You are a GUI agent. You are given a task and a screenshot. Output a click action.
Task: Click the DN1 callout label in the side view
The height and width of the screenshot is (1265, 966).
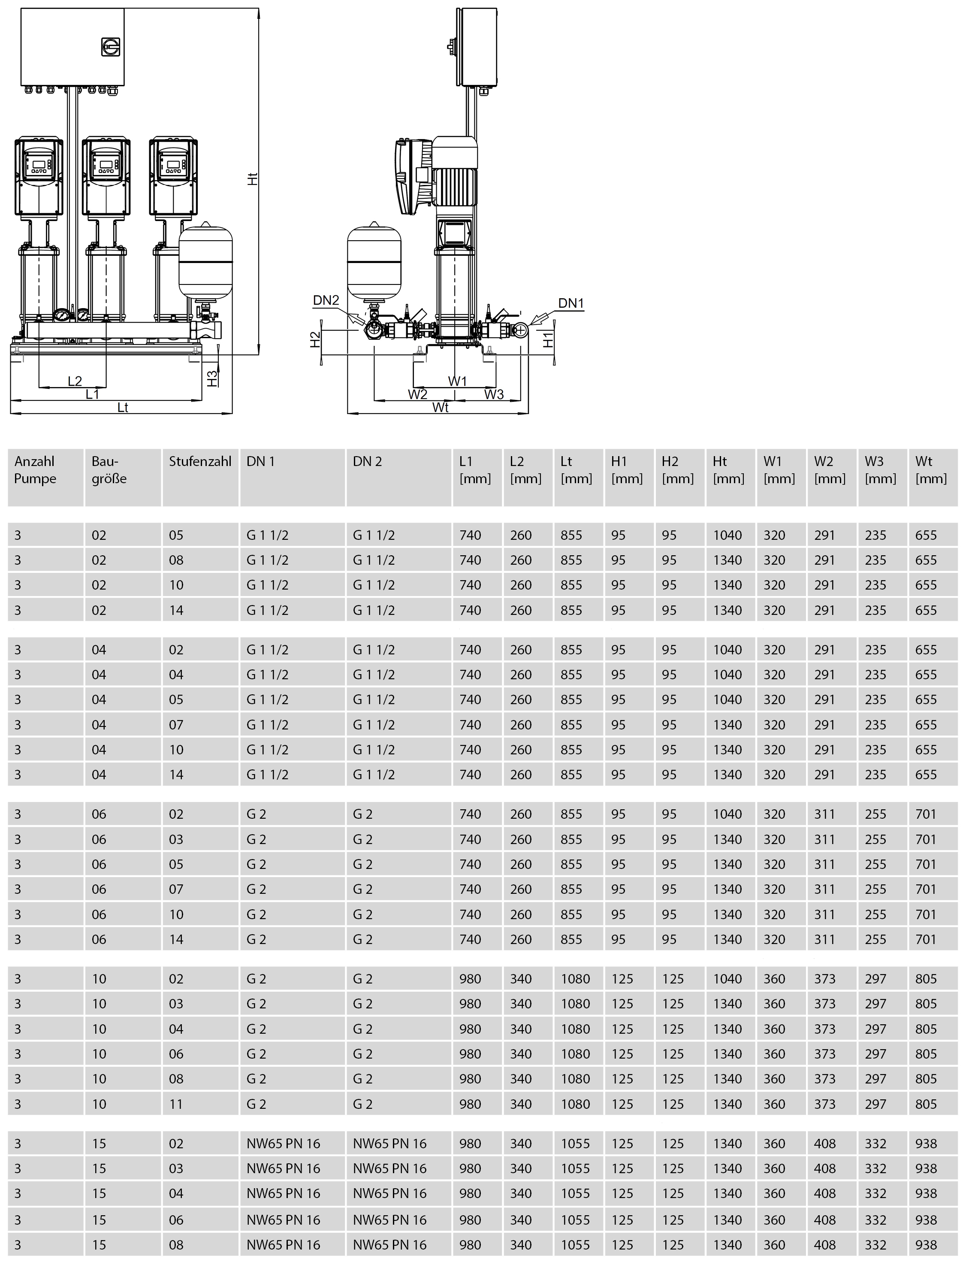click(x=571, y=303)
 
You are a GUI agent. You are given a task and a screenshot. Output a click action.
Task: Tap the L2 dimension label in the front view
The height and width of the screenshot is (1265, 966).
click(x=75, y=381)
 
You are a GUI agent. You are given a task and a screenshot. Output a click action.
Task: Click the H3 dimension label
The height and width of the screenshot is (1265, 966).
click(x=212, y=378)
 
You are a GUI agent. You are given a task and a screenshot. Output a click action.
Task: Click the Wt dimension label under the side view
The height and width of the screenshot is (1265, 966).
click(x=441, y=407)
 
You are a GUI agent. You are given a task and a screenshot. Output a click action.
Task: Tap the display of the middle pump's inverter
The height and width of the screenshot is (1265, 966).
click(x=106, y=164)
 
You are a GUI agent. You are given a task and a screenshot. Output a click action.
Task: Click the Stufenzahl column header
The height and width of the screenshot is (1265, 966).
click(x=199, y=461)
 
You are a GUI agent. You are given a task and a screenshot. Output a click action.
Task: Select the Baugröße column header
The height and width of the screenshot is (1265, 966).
click(x=109, y=470)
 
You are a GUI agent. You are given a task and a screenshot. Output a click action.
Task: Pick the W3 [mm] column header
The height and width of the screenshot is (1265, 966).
click(x=880, y=470)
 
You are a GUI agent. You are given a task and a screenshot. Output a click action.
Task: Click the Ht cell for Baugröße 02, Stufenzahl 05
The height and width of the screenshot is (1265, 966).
click(x=728, y=535)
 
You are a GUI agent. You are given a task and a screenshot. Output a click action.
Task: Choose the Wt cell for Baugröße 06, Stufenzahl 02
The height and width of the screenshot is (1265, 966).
click(x=926, y=814)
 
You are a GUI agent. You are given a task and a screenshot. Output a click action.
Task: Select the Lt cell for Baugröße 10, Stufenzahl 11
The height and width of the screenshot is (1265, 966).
click(x=576, y=1104)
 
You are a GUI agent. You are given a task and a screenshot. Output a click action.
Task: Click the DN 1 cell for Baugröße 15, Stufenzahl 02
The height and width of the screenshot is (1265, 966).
click(x=283, y=1144)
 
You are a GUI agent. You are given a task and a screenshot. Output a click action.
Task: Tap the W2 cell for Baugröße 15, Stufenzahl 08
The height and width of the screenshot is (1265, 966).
click(x=824, y=1244)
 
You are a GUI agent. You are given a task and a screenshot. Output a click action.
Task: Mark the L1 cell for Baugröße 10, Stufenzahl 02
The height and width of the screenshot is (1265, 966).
click(x=471, y=978)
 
